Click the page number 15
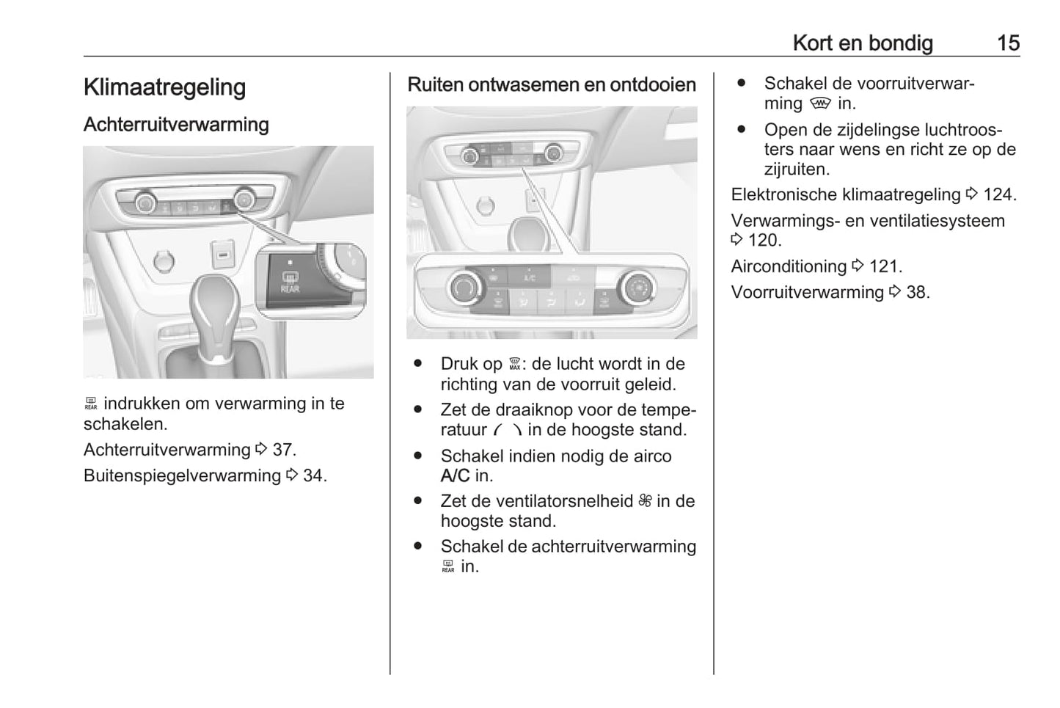(1008, 43)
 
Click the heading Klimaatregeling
(164, 87)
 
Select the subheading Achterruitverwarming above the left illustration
(176, 125)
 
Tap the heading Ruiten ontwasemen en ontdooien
(551, 85)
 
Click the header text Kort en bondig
(863, 43)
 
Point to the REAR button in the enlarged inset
(290, 282)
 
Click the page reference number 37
(284, 450)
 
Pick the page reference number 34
(315, 475)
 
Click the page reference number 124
(998, 195)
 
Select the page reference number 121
(885, 266)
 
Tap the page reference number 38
(917, 292)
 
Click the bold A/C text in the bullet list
(455, 476)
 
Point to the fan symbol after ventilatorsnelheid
(645, 501)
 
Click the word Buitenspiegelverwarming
(182, 475)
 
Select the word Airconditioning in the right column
(789, 266)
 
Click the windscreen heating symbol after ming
(820, 104)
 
